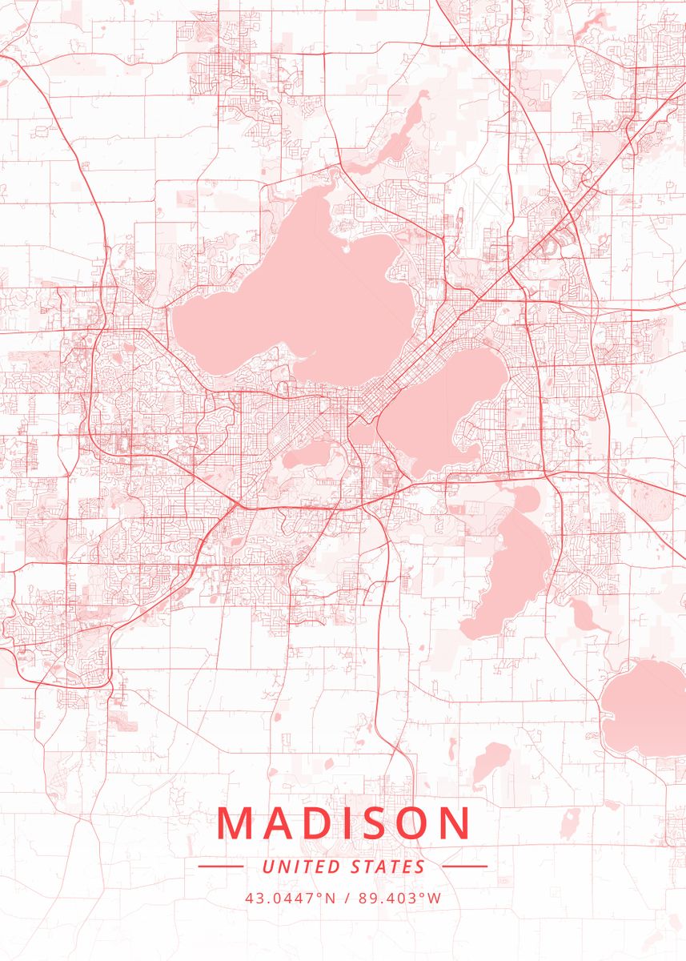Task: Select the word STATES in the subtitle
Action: [x=387, y=867]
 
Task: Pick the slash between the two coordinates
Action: [x=347, y=898]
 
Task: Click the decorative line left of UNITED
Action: [x=220, y=867]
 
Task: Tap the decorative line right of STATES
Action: [x=464, y=867]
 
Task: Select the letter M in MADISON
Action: [x=234, y=824]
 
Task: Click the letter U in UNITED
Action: [x=267, y=867]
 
